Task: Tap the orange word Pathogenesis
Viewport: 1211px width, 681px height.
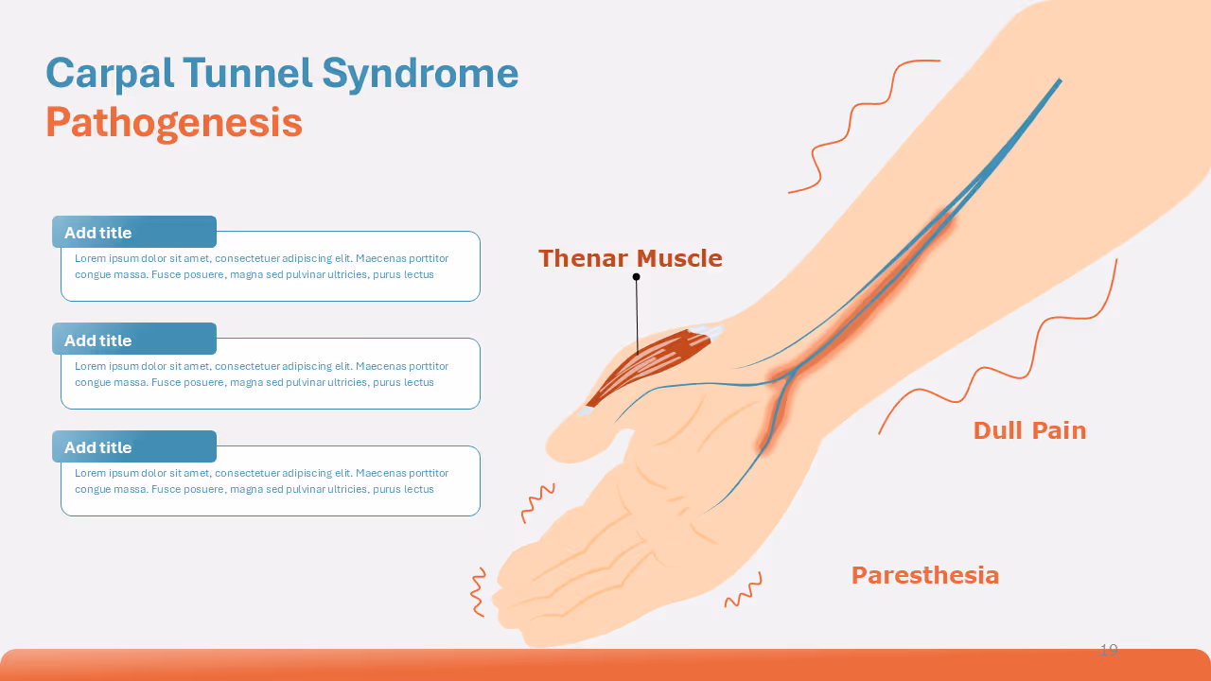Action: pyautogui.click(x=174, y=123)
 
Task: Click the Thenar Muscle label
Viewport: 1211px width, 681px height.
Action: pyautogui.click(x=630, y=258)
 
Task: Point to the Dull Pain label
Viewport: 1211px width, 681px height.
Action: pyautogui.click(x=1029, y=430)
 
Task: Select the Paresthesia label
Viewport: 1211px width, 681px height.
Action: pyautogui.click(x=924, y=575)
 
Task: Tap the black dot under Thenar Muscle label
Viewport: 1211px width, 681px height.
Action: pyautogui.click(x=636, y=277)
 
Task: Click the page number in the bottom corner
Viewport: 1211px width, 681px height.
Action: pyautogui.click(x=1109, y=650)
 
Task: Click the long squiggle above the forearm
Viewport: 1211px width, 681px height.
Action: pyautogui.click(x=851, y=123)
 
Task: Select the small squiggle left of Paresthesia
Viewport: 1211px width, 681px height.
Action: pyautogui.click(x=744, y=591)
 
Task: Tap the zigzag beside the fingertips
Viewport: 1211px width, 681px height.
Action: pyautogui.click(x=478, y=592)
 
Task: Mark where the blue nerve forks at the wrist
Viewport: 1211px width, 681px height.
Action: pyautogui.click(x=788, y=376)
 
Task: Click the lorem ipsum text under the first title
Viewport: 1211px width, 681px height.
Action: pyautogui.click(x=261, y=267)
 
